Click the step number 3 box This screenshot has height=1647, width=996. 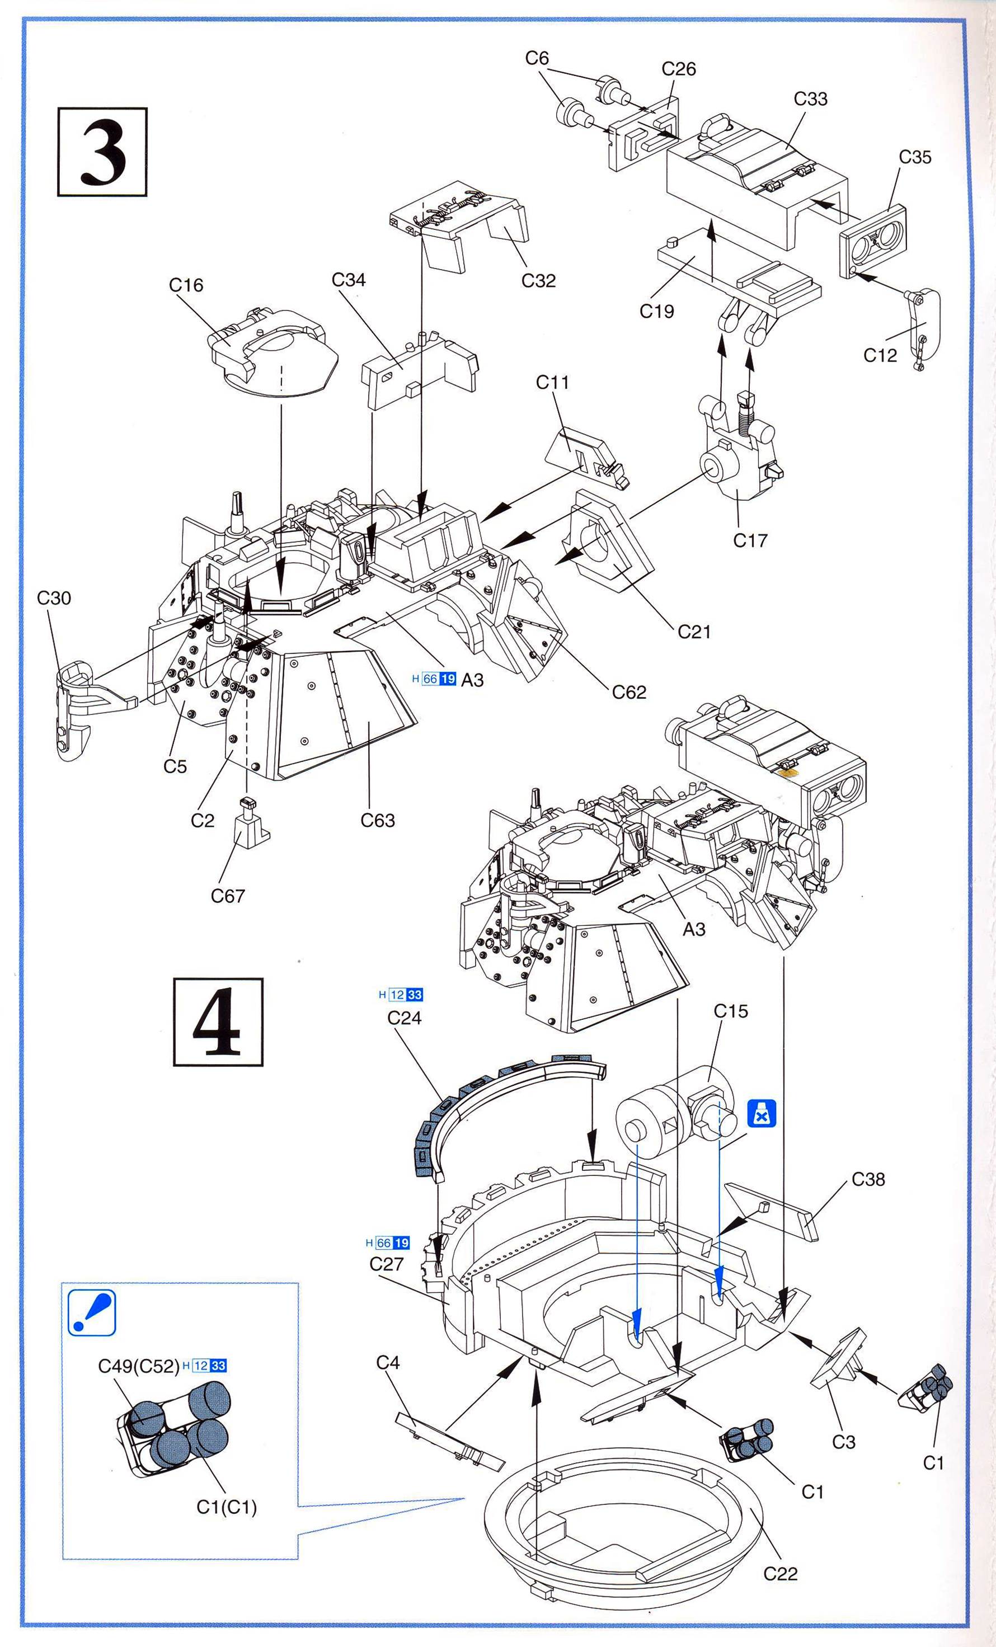[102, 151]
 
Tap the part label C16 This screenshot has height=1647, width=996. [186, 285]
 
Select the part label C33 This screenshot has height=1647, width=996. [810, 99]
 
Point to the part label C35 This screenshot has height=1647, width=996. [914, 157]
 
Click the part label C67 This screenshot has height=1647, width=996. [228, 896]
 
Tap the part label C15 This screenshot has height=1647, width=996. [731, 1011]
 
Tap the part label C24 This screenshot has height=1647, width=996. [405, 1018]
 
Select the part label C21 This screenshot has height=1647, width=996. [694, 632]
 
